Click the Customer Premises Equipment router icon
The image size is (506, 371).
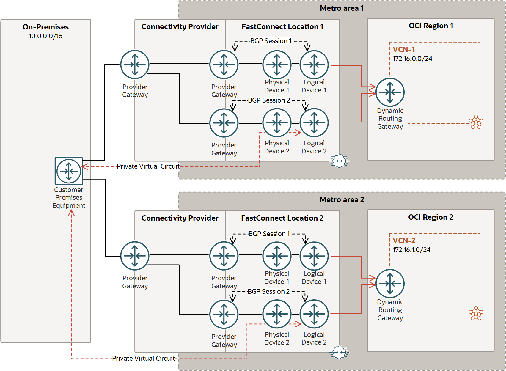(x=69, y=171)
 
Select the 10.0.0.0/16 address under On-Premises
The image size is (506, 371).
(x=45, y=36)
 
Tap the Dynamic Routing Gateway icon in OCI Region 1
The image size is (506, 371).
(x=390, y=92)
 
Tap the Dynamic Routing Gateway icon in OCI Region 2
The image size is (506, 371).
(x=390, y=284)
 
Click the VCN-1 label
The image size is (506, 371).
(x=403, y=49)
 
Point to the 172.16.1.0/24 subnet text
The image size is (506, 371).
(x=411, y=250)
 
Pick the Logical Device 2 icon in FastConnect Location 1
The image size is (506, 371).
(x=314, y=122)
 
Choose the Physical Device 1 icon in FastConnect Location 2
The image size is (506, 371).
(x=277, y=256)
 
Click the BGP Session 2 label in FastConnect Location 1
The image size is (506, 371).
(x=269, y=100)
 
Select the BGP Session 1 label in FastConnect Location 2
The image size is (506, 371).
(x=269, y=234)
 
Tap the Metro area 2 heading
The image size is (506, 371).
(x=342, y=199)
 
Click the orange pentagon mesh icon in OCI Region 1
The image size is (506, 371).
(x=476, y=122)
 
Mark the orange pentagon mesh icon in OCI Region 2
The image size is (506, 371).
(x=476, y=313)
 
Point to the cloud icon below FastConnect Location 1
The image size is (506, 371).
(x=339, y=161)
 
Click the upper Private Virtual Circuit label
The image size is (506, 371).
(x=148, y=166)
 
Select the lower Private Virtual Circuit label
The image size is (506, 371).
(x=143, y=359)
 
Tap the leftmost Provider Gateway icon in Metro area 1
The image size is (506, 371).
(x=135, y=65)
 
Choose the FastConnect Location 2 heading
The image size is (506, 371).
(x=282, y=218)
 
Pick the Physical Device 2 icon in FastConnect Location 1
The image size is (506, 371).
(x=277, y=122)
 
